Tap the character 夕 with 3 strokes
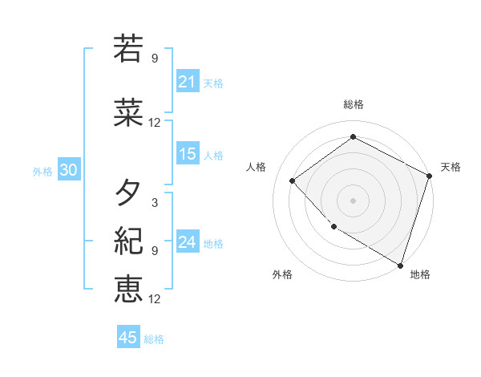(x=128, y=193)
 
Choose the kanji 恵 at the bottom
(x=128, y=288)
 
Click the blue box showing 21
(x=188, y=82)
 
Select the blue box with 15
(x=188, y=154)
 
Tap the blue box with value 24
(x=188, y=242)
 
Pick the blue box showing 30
(x=68, y=171)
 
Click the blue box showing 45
(x=128, y=338)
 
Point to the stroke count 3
(x=155, y=203)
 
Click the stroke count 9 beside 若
(x=155, y=58)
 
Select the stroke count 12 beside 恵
(x=155, y=299)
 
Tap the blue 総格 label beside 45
(x=154, y=339)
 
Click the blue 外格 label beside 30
(x=42, y=172)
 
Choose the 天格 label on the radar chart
(x=451, y=167)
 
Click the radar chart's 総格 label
(x=353, y=104)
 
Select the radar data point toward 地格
(x=400, y=264)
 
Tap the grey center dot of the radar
(x=353, y=200)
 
